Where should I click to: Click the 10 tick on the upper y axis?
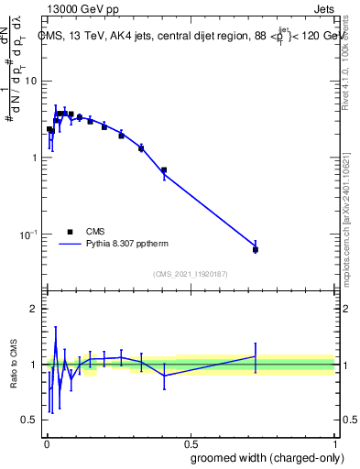tap(29, 81)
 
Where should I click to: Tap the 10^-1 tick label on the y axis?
tap(27, 234)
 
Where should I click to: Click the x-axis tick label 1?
tap(334, 441)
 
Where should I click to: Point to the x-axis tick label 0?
tap(46, 441)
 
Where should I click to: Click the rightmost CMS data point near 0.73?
tap(256, 249)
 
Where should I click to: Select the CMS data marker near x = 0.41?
tap(164, 170)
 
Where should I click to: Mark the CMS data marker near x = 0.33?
tap(141, 147)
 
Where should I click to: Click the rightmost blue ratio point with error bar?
tap(256, 356)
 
